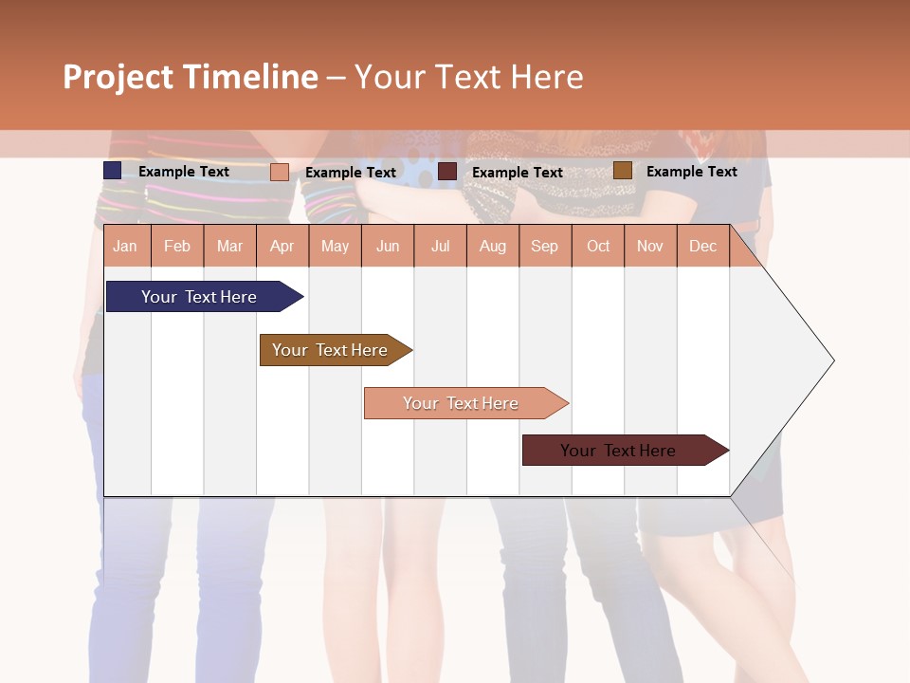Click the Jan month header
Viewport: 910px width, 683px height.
(x=125, y=247)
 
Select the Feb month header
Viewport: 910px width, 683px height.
(x=177, y=247)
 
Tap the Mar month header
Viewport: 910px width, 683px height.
(x=229, y=247)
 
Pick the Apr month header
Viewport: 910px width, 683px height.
(x=282, y=247)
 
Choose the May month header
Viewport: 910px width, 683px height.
(x=335, y=247)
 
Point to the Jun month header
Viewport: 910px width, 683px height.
(x=388, y=247)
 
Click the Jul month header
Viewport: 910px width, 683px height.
(x=440, y=247)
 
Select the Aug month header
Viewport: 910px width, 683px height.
(x=492, y=247)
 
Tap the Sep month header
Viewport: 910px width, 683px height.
(x=544, y=247)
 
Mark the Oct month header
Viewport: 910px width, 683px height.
(x=598, y=247)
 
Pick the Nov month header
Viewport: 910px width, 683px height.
(x=650, y=247)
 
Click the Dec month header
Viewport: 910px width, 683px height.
(x=702, y=247)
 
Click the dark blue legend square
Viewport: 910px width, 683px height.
(x=113, y=171)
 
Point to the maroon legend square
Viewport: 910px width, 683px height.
(x=447, y=172)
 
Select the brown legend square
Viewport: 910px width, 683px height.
(x=623, y=171)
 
